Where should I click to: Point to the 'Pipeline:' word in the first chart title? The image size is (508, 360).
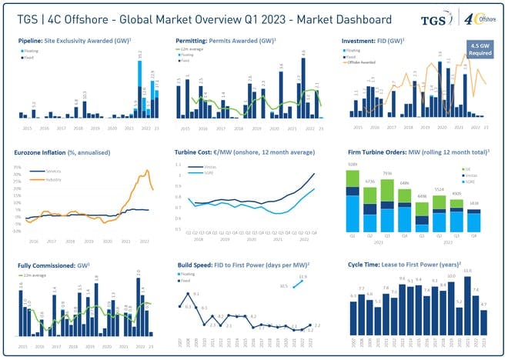pyautogui.click(x=32, y=38)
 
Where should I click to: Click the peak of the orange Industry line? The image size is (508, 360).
pyautogui.click(x=146, y=171)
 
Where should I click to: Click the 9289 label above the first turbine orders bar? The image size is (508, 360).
pyautogui.click(x=352, y=165)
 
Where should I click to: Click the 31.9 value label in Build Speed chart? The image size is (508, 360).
pyautogui.click(x=302, y=276)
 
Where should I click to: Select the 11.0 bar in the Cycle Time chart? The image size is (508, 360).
pyautogui.click(x=466, y=308)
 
